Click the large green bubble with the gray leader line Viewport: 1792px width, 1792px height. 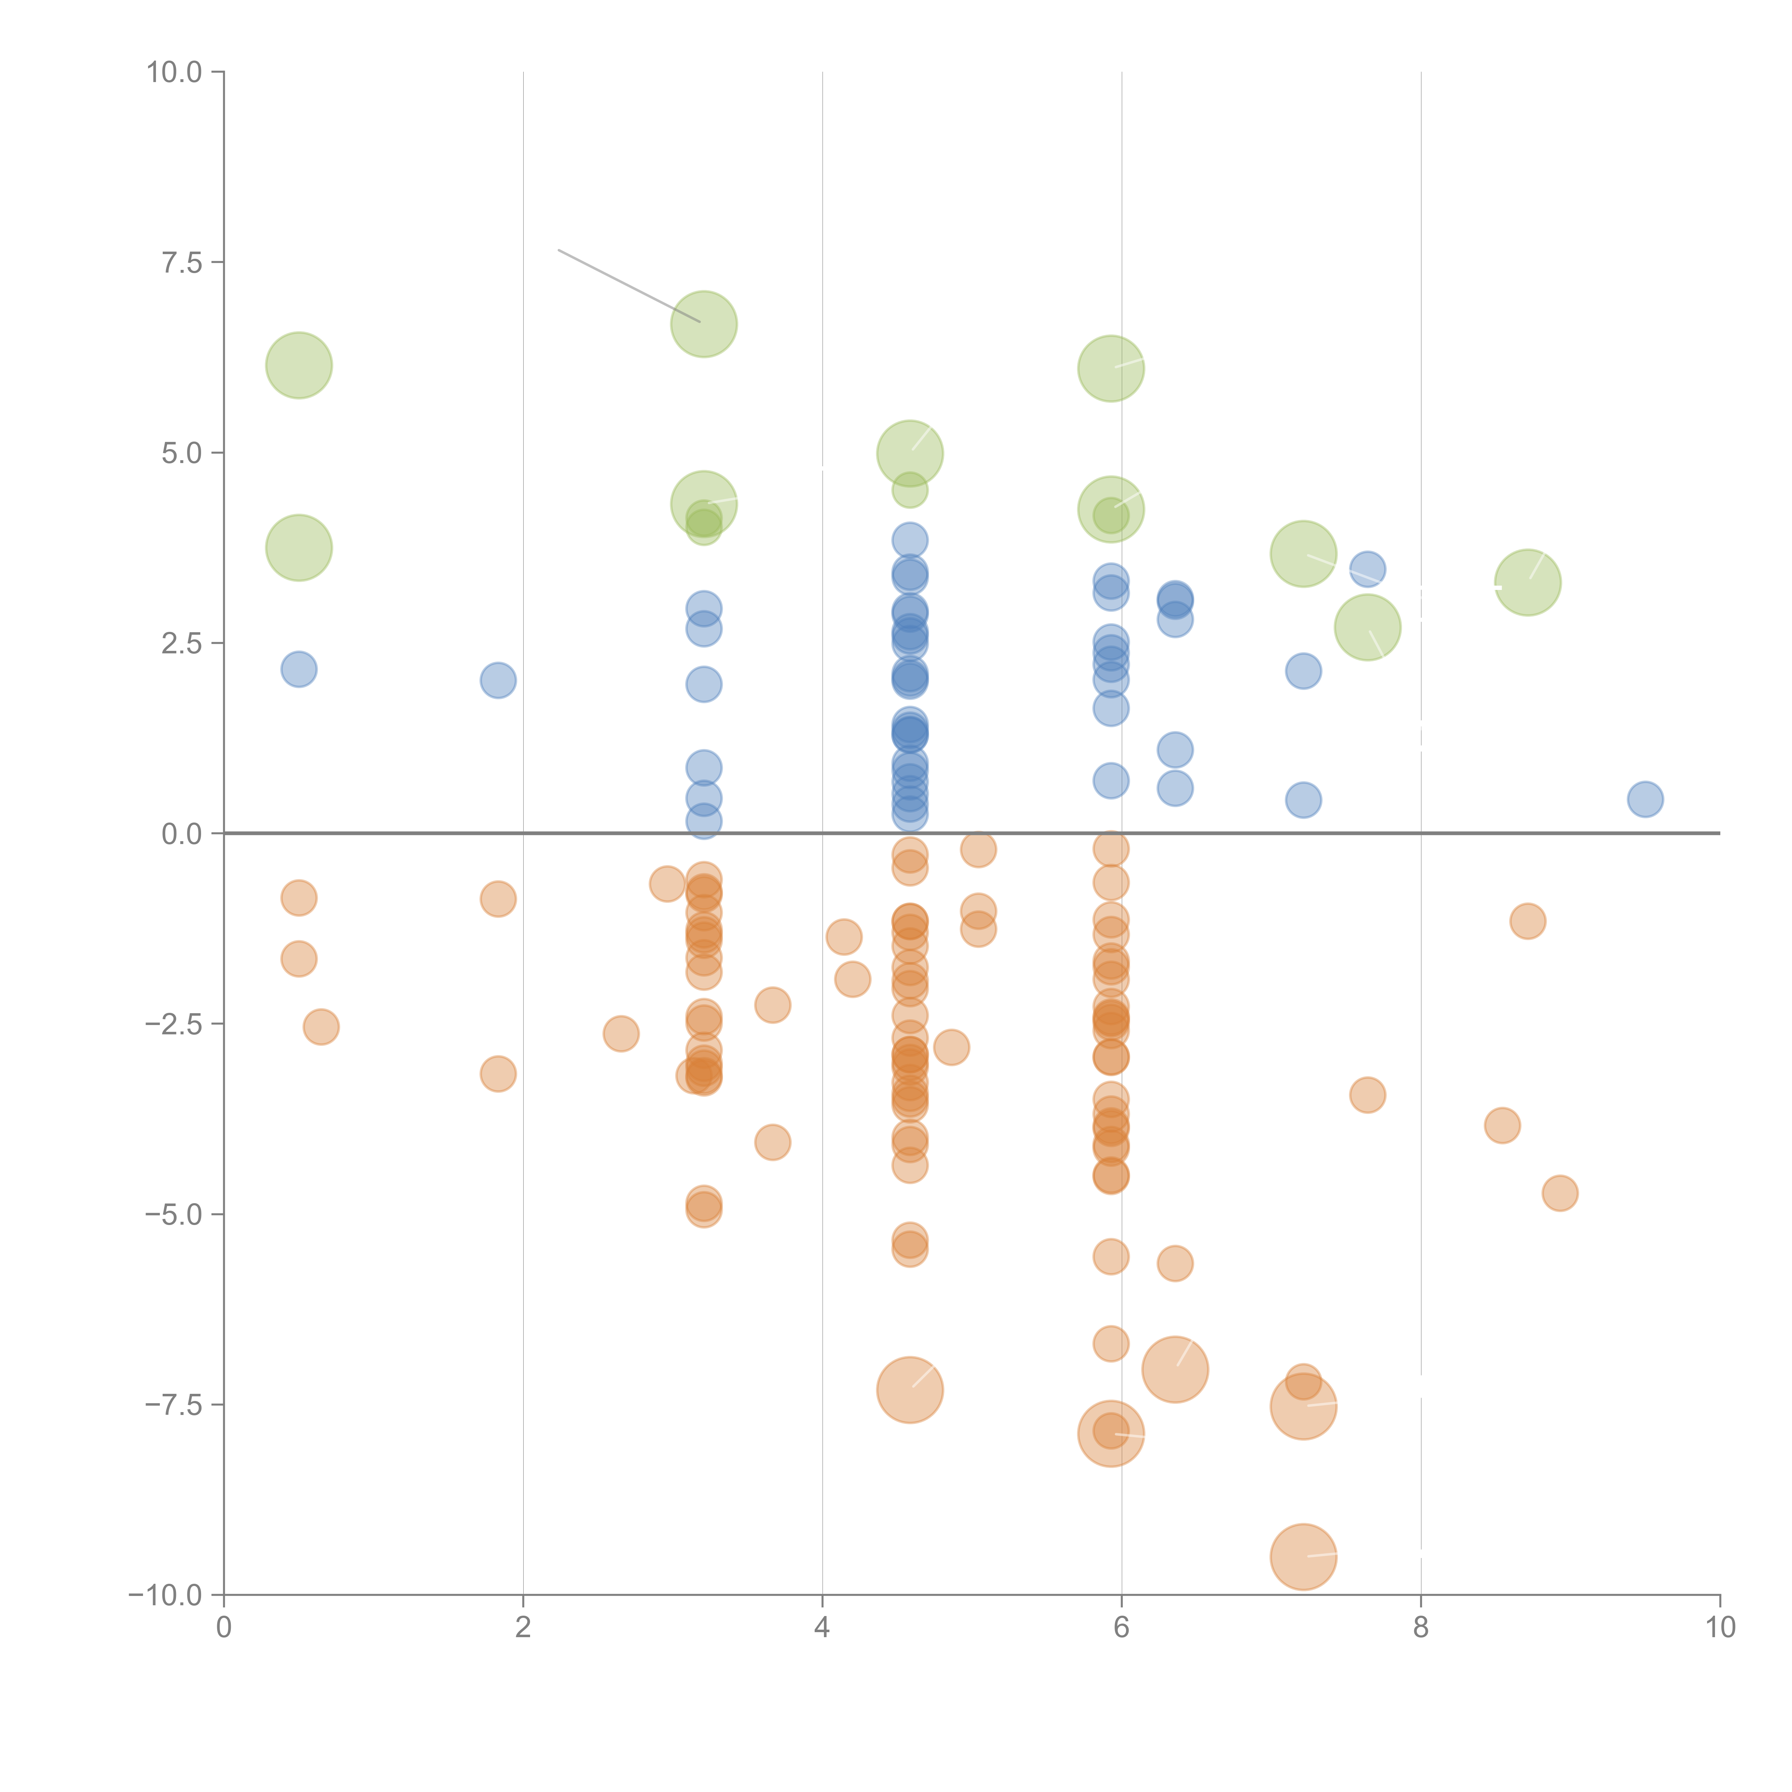click(704, 324)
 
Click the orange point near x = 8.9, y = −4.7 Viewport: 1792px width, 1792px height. click(1560, 1193)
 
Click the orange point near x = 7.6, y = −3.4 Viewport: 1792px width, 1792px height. click(1367, 1095)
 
